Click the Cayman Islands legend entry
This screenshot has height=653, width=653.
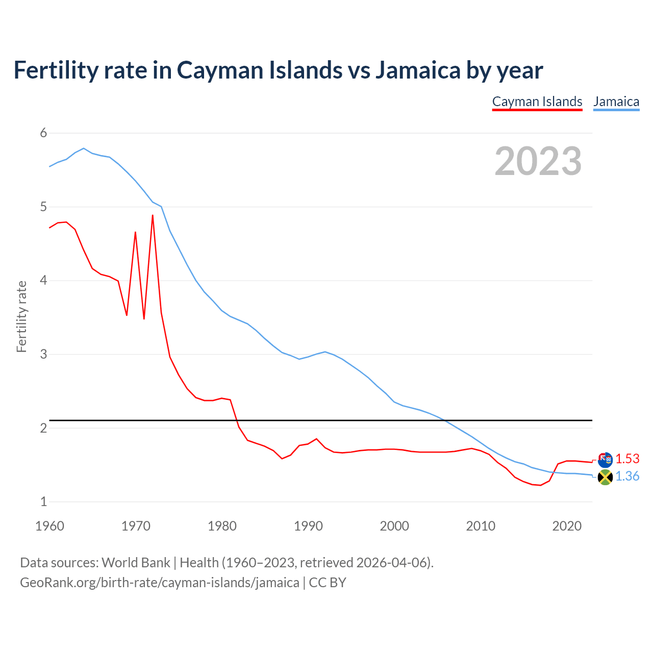click(537, 102)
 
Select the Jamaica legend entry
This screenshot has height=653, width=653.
click(616, 102)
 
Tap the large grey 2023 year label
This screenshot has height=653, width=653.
click(538, 161)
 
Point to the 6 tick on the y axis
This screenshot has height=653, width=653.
click(43, 133)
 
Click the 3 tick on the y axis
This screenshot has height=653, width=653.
click(43, 354)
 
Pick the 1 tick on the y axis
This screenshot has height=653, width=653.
click(43, 501)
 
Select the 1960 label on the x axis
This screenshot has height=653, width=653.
click(49, 526)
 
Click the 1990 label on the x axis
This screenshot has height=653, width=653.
click(308, 526)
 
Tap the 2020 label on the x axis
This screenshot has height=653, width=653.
click(567, 526)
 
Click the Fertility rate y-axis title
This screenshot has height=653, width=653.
click(21, 316)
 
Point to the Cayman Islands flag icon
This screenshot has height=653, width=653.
click(605, 460)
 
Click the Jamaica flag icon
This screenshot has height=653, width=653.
click(605, 478)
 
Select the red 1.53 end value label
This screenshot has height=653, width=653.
click(627, 459)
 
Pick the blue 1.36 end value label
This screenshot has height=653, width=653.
click(627, 476)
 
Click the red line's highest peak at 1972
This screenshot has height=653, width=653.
click(153, 215)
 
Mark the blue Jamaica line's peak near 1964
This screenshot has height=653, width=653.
click(84, 148)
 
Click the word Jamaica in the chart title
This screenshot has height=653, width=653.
click(418, 70)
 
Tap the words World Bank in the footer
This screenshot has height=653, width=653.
click(136, 563)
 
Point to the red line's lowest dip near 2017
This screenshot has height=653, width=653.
click(541, 485)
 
